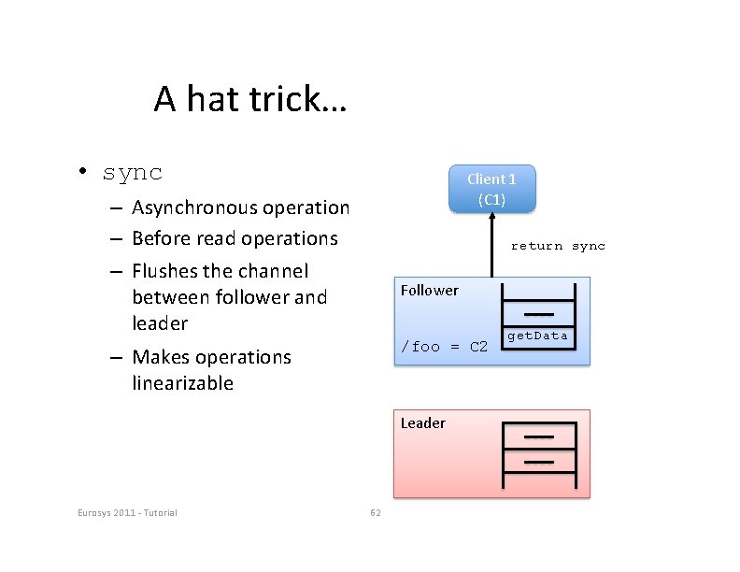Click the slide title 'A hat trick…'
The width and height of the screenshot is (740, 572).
coord(249,98)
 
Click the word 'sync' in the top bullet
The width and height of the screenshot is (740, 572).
coord(133,173)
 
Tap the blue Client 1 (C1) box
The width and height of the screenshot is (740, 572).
coord(491,190)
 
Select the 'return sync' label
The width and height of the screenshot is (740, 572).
coord(558,246)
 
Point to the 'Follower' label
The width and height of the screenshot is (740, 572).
coord(430,290)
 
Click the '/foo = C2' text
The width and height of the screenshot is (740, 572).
coord(444,347)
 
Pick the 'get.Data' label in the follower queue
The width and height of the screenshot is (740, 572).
coord(537,336)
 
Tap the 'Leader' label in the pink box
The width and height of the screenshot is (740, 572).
coord(423,422)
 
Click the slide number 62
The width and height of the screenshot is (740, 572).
coord(375,512)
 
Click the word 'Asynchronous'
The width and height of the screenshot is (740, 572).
coord(194,207)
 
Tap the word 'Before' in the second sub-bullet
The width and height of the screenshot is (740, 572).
coord(159,238)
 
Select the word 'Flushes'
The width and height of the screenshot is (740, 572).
coord(165,271)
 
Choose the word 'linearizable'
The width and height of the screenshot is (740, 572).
coord(183,383)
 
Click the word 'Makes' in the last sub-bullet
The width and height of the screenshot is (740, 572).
coord(158,357)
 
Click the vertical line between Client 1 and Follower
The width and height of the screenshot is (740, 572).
coord(491,245)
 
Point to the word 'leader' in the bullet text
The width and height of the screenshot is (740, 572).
coord(160,323)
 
